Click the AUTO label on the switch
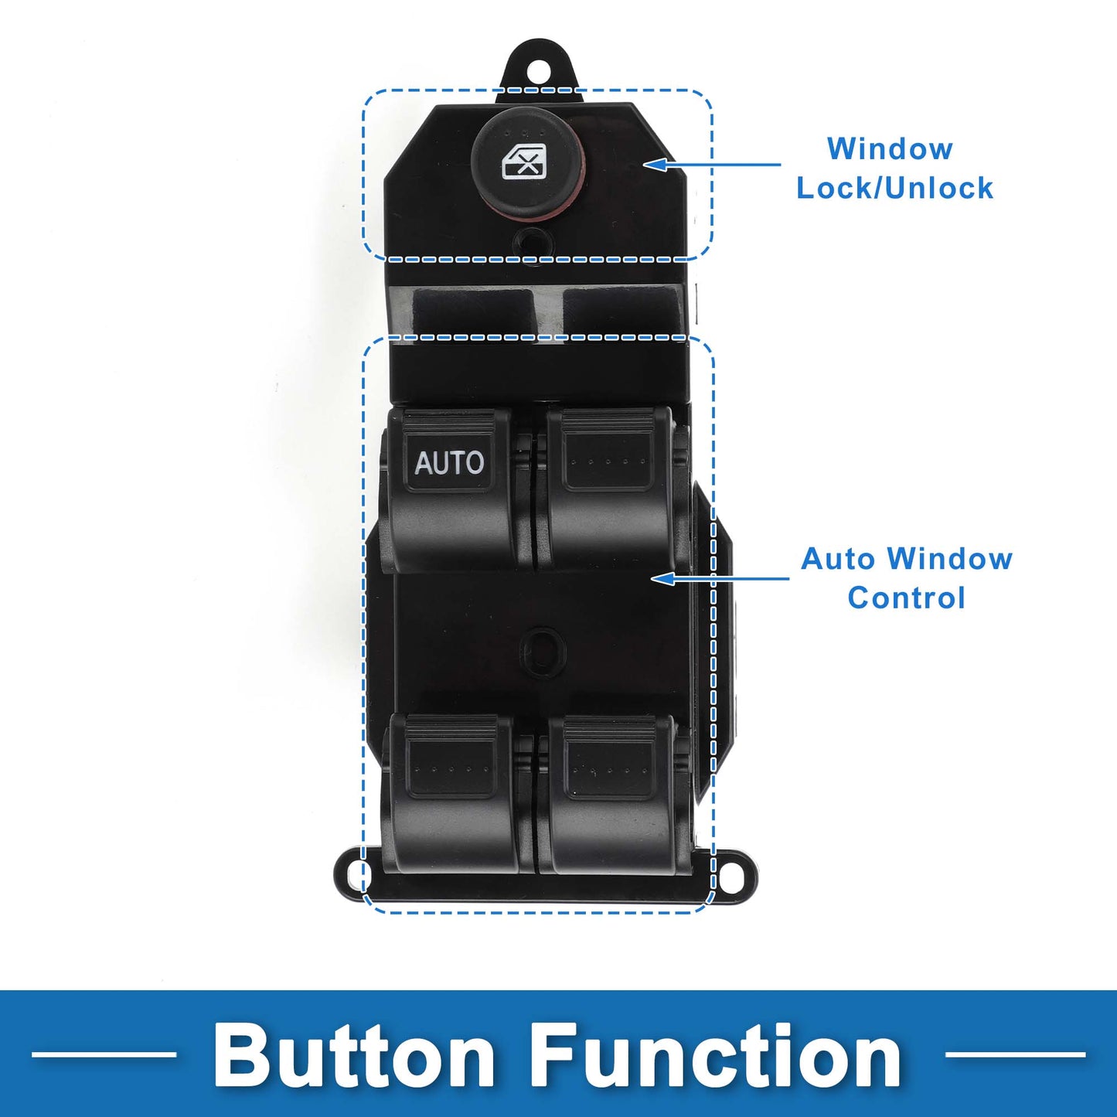448,463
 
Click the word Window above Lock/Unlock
890,149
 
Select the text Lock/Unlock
895,189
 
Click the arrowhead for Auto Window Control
662,578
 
